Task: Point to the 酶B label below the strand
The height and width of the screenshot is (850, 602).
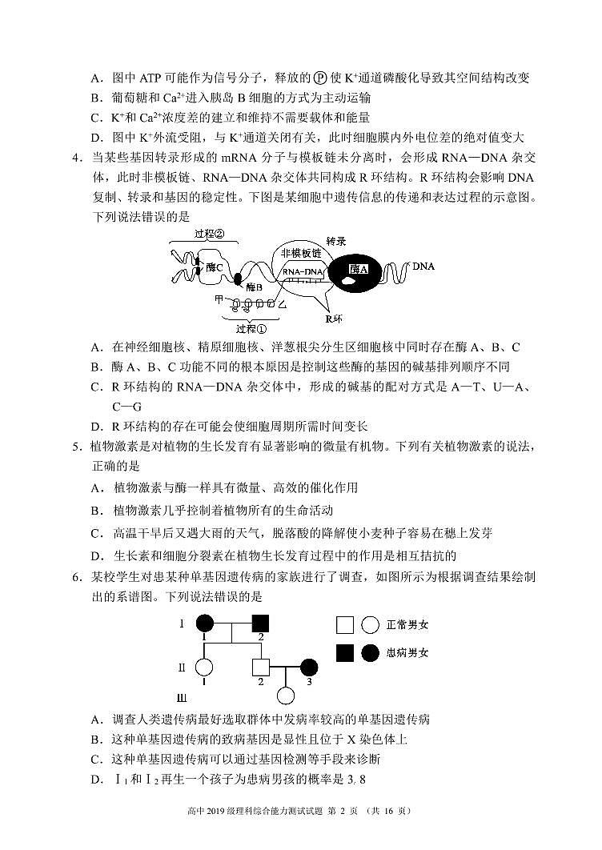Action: (255, 287)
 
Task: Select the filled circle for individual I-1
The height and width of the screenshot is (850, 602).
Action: (205, 622)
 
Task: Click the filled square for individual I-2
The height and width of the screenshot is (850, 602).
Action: (260, 622)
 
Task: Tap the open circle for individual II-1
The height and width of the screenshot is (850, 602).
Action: (205, 667)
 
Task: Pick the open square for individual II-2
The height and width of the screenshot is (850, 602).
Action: (260, 667)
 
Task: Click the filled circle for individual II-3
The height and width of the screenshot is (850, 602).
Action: (310, 667)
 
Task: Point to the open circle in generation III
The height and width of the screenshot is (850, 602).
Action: (285, 697)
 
